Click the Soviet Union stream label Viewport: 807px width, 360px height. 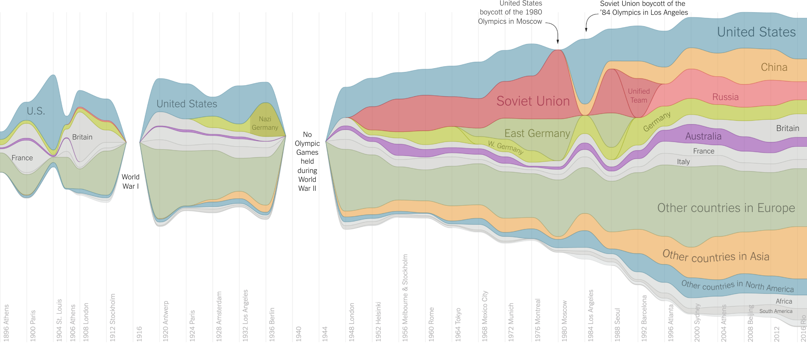point(533,101)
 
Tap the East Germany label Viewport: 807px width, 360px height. point(537,134)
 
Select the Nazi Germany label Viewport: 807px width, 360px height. point(265,123)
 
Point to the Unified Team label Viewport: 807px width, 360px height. point(639,96)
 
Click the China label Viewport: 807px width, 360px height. point(774,67)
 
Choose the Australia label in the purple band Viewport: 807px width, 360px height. point(703,137)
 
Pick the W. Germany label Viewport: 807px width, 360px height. point(506,147)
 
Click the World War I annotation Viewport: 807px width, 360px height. point(131,181)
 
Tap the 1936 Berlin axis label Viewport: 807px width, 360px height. point(272,324)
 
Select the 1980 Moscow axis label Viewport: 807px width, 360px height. point(565,321)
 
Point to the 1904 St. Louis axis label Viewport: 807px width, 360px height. point(59,320)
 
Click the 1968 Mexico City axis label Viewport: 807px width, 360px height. point(485,316)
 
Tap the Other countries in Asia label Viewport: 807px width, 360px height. point(715,256)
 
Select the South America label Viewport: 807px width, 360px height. point(776,311)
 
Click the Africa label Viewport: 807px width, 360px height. point(784,301)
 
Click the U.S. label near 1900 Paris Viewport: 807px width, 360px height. point(36,111)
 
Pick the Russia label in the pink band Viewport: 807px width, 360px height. point(725,97)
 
